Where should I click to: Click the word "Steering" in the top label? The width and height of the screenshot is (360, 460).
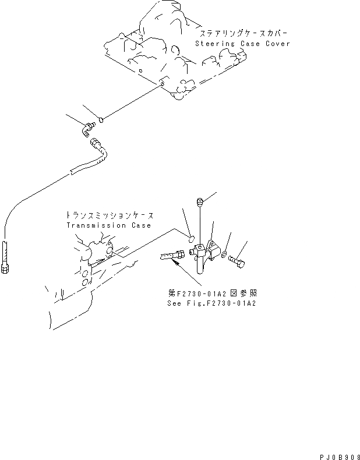211,44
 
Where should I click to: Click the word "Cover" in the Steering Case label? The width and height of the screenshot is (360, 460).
276,44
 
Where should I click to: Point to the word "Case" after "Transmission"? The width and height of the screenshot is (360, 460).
140,225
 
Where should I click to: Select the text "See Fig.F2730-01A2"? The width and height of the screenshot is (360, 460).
211,303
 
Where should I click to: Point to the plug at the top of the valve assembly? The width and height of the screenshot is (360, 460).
200,202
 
